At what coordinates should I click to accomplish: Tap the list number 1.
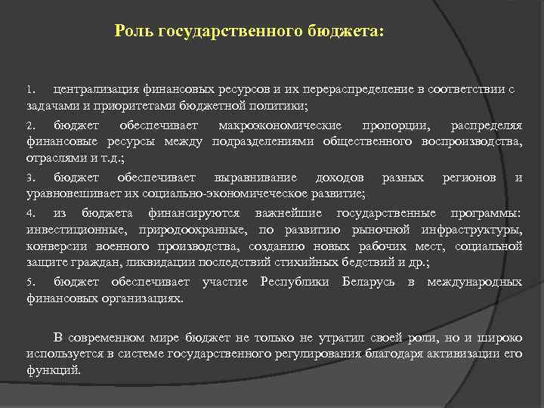[31, 89]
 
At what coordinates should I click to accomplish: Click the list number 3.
[31, 178]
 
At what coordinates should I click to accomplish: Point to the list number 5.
[31, 283]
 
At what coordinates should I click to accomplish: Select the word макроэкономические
[279, 125]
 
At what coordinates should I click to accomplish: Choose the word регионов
[468, 178]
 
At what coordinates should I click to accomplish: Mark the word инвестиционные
[72, 230]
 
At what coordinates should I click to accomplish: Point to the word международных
[474, 283]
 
